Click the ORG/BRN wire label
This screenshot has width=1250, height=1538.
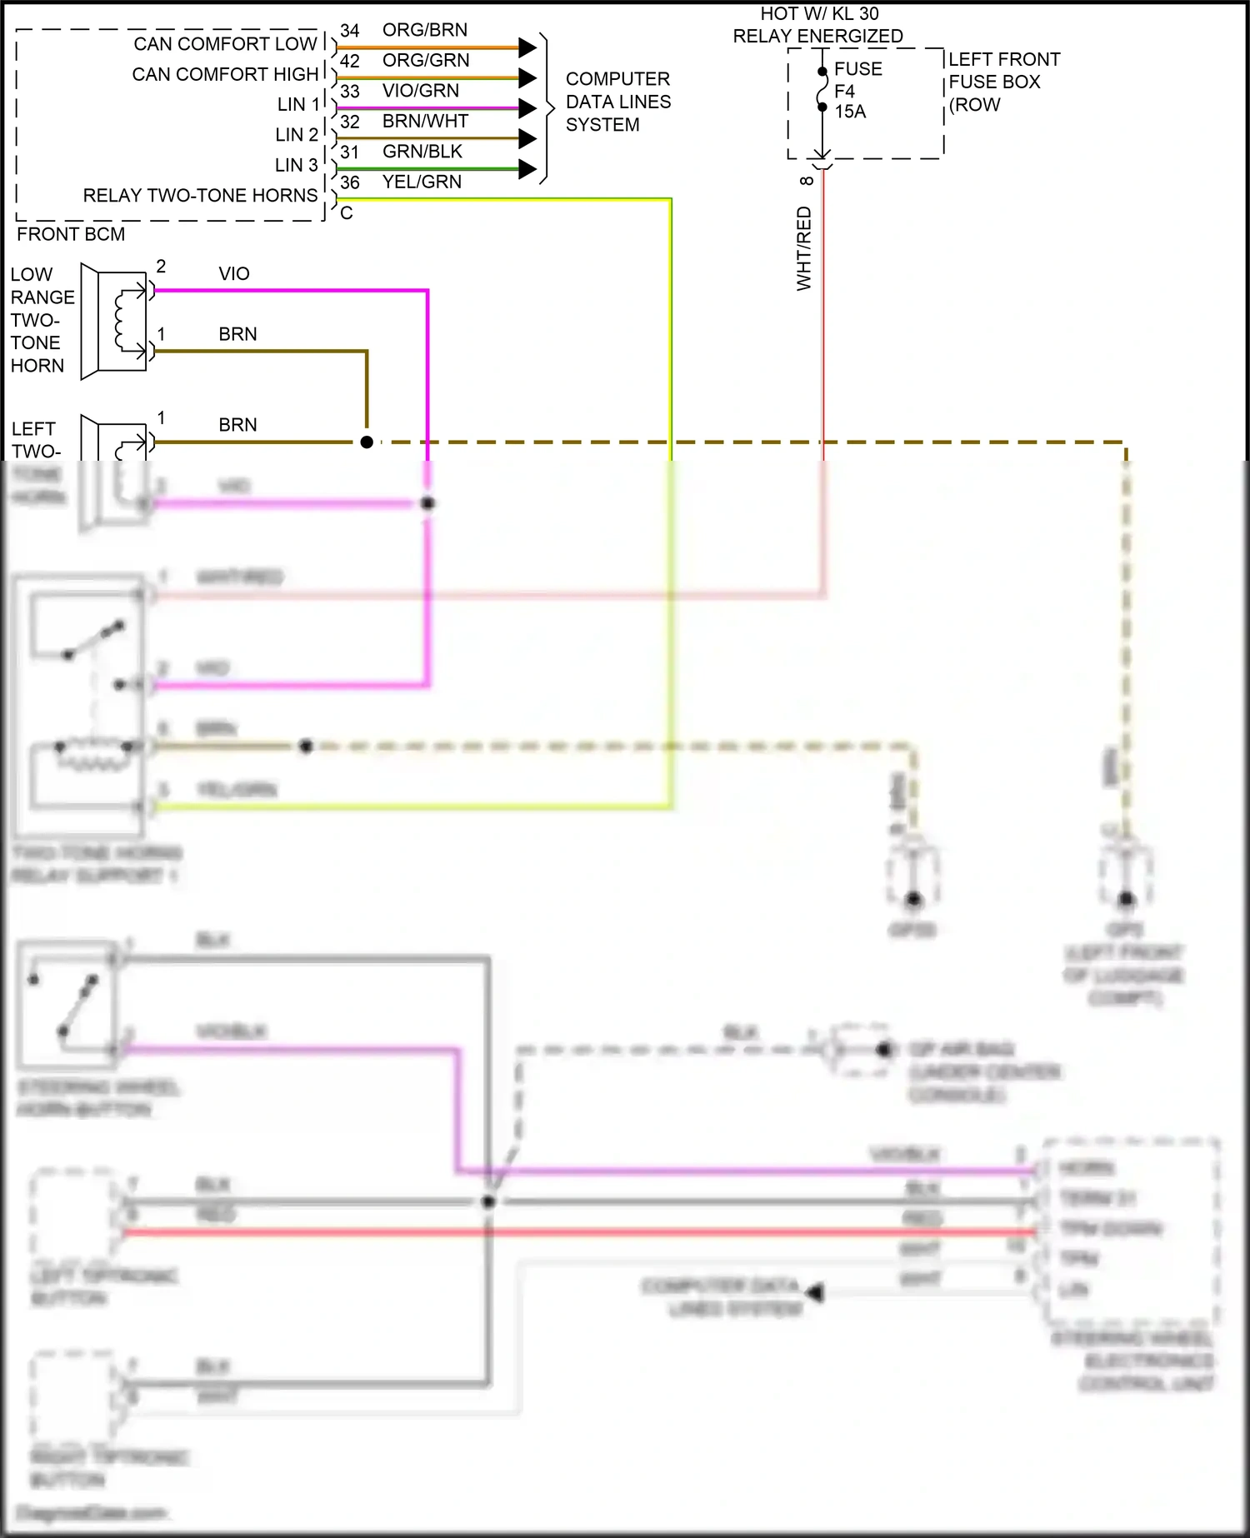pyautogui.click(x=424, y=30)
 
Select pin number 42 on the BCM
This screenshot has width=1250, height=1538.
pyautogui.click(x=349, y=61)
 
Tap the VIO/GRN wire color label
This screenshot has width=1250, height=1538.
pyautogui.click(x=420, y=91)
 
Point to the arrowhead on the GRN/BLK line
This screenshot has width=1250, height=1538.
pyautogui.click(x=527, y=168)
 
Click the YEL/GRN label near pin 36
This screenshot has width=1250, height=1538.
pyautogui.click(x=422, y=182)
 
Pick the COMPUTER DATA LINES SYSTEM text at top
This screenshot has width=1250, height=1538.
pyautogui.click(x=617, y=102)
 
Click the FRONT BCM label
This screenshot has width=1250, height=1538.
pyautogui.click(x=71, y=234)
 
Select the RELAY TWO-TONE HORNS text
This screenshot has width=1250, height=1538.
pyautogui.click(x=200, y=196)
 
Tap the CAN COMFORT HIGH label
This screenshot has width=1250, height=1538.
pyautogui.click(x=225, y=74)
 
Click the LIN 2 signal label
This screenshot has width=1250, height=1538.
pyautogui.click(x=297, y=135)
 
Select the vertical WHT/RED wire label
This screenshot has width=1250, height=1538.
pyautogui.click(x=804, y=248)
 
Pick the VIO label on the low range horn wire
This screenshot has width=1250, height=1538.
pyautogui.click(x=234, y=274)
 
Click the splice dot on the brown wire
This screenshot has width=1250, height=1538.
pyautogui.click(x=367, y=442)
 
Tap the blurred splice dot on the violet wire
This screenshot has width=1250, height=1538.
pyautogui.click(x=427, y=503)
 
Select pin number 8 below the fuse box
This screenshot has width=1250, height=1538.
pyautogui.click(x=806, y=181)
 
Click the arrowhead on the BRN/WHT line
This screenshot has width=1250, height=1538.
pyautogui.click(x=527, y=138)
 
